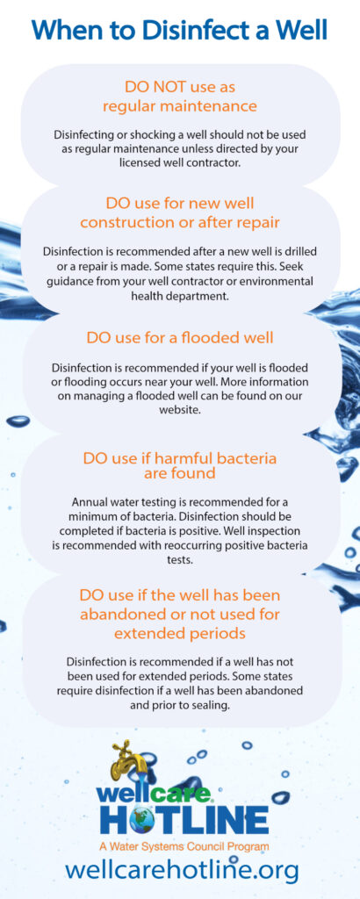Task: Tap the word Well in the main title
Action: [x=299, y=30]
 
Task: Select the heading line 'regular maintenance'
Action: [x=180, y=106]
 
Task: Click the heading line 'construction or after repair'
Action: [x=180, y=222]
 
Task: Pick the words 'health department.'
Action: [x=180, y=296]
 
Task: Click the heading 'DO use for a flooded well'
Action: [x=180, y=338]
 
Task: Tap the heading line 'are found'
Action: [x=180, y=472]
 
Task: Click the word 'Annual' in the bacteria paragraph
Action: [x=90, y=500]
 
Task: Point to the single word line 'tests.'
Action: [x=180, y=559]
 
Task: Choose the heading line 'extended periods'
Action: [x=180, y=634]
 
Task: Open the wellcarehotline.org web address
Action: [x=181, y=870]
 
